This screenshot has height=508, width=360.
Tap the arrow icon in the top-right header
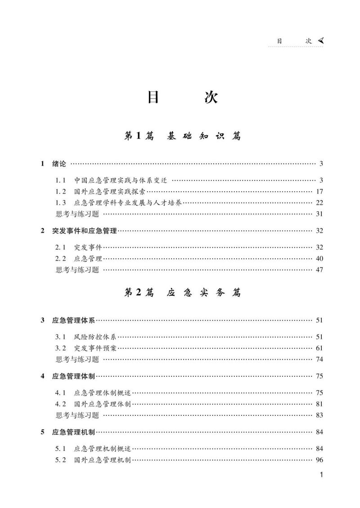pyautogui.click(x=320, y=40)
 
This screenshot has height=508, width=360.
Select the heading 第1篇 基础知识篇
pyautogui.click(x=182, y=136)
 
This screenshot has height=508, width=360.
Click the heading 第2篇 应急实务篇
pyautogui.click(x=182, y=293)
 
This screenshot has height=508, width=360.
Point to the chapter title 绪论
pyautogui.click(x=59, y=164)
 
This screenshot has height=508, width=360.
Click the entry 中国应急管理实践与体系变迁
pyautogui.click(x=121, y=180)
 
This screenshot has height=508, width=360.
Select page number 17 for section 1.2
pyautogui.click(x=319, y=192)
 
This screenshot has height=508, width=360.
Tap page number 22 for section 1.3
pyautogui.click(x=319, y=203)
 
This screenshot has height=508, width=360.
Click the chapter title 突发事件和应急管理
pyautogui.click(x=85, y=231)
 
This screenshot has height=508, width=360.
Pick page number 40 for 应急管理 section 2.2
pyautogui.click(x=319, y=258)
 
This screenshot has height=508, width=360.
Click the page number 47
pyautogui.click(x=319, y=270)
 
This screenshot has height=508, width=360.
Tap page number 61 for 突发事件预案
pyautogui.click(x=319, y=348)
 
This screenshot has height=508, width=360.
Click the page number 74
pyautogui.click(x=319, y=359)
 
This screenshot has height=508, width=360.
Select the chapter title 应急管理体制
pyautogui.click(x=74, y=376)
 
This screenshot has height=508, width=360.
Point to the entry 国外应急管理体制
pyautogui.click(x=102, y=404)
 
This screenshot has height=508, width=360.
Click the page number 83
pyautogui.click(x=319, y=415)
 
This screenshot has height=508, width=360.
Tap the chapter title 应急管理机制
pyautogui.click(x=74, y=432)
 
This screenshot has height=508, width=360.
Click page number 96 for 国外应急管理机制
pyautogui.click(x=319, y=460)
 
